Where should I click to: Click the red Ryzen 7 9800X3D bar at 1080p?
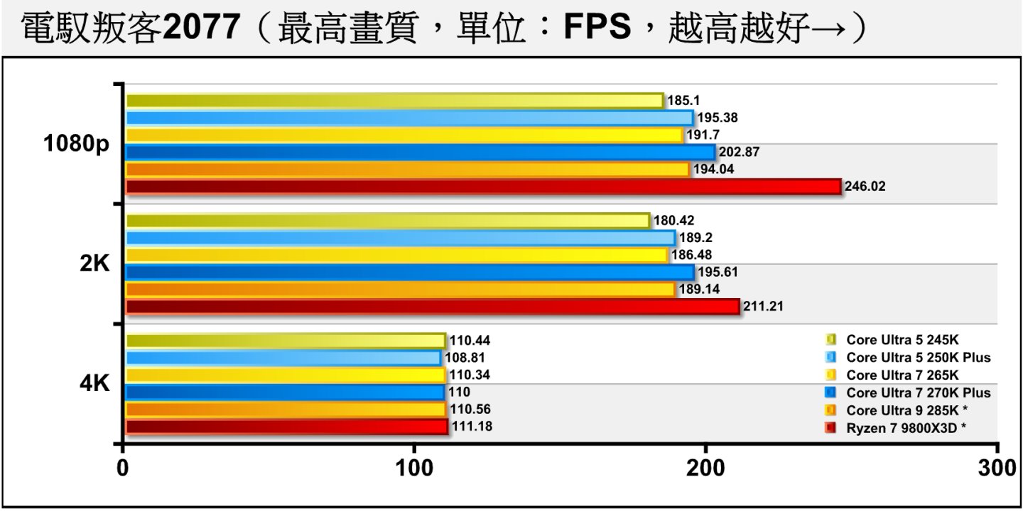483,187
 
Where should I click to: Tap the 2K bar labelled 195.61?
409,273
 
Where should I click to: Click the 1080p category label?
77,144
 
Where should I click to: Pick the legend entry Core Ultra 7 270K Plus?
918,392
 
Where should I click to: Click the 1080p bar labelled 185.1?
394,101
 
